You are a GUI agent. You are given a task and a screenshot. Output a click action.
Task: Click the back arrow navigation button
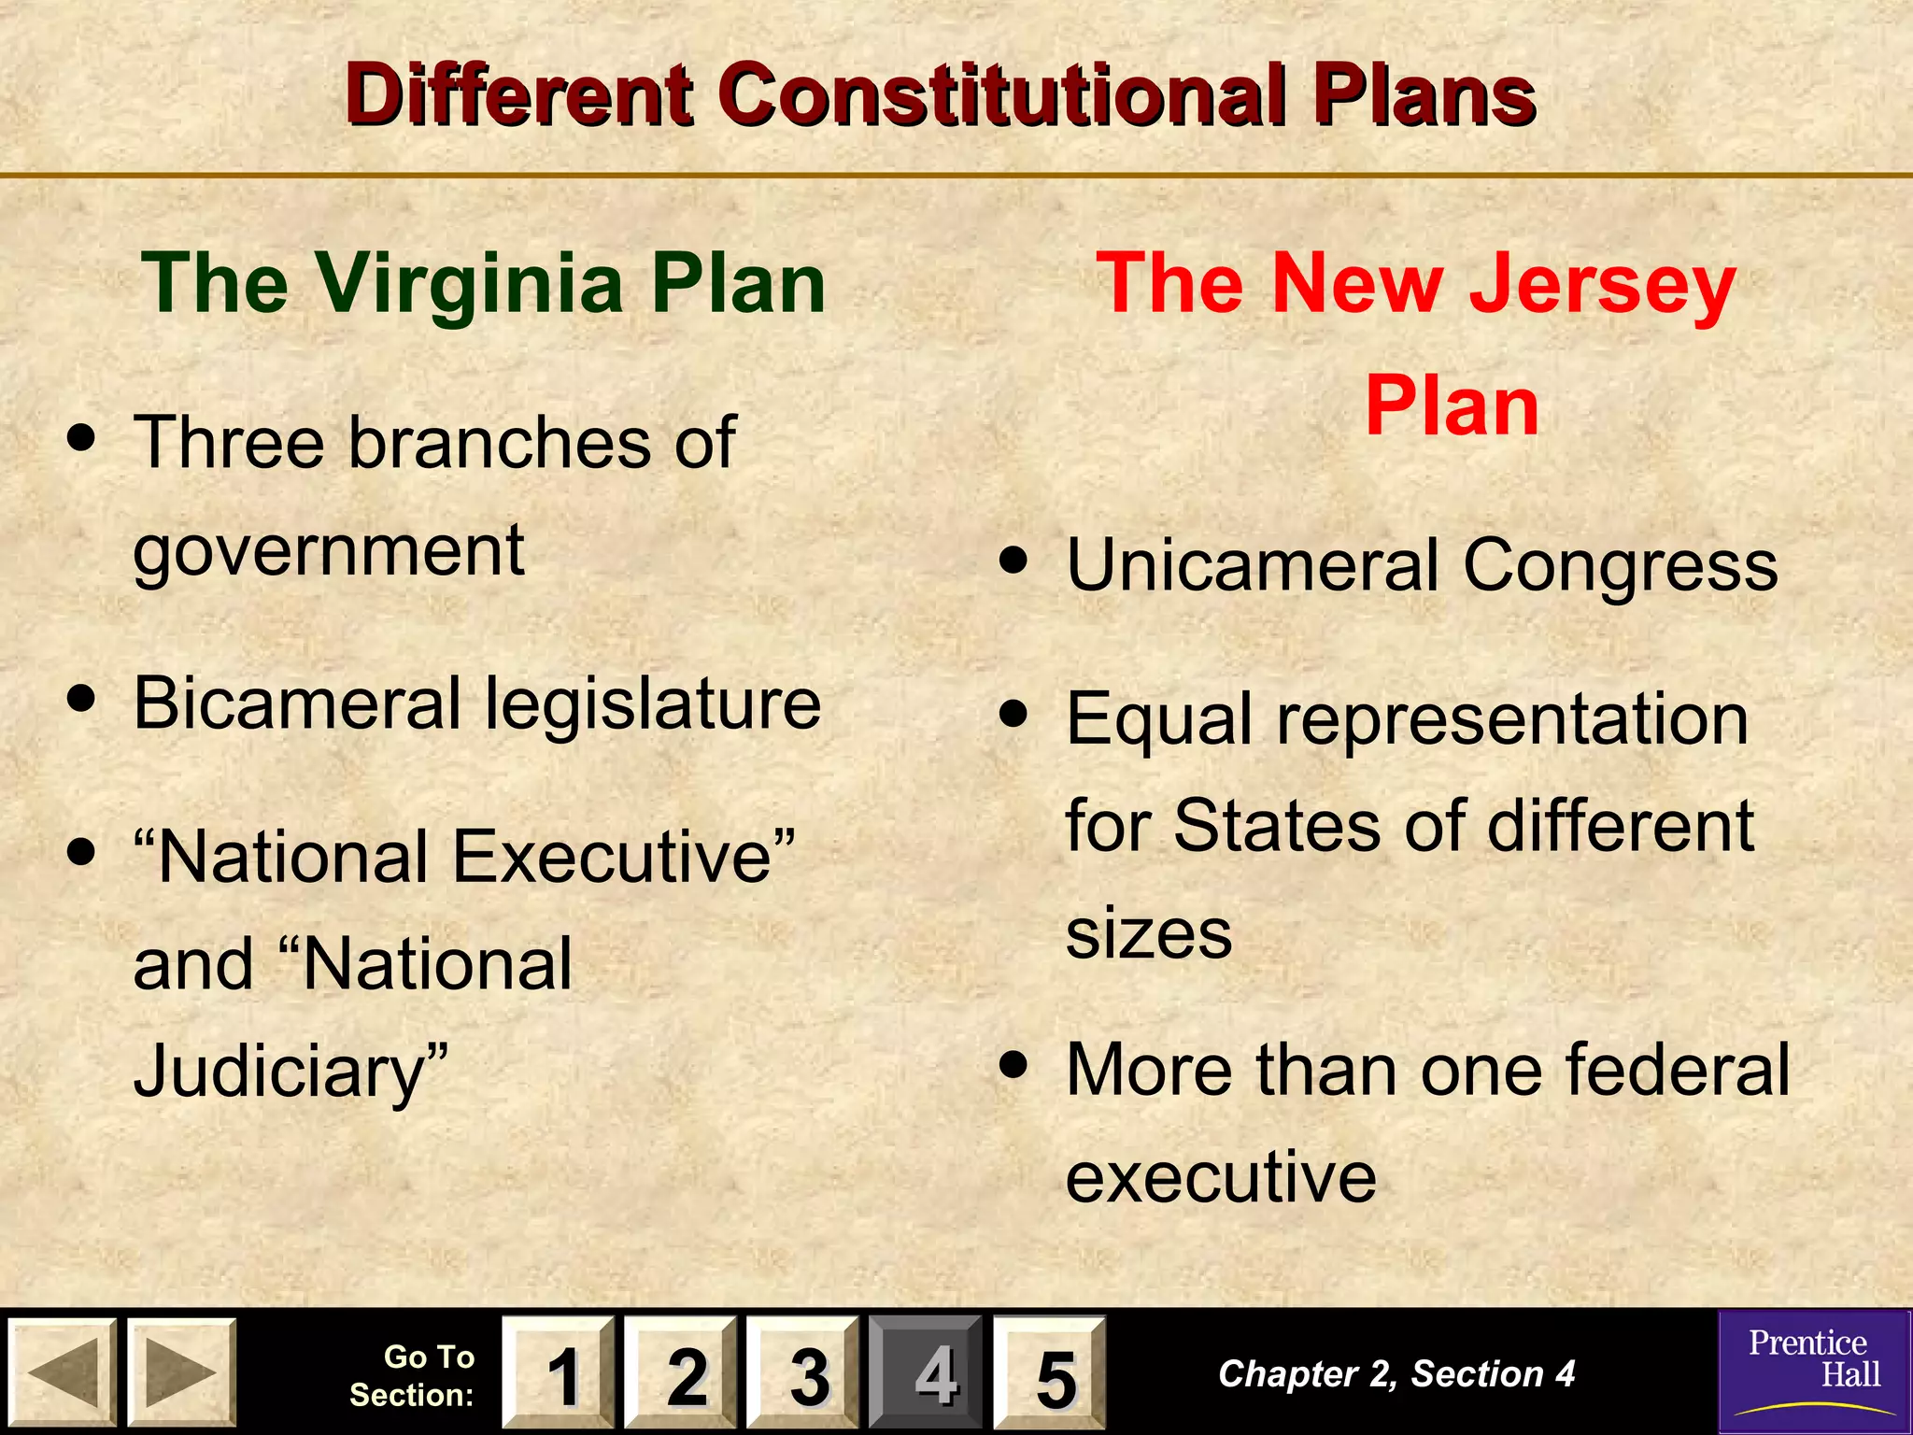(63, 1372)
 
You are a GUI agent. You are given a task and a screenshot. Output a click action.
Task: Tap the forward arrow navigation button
(181, 1372)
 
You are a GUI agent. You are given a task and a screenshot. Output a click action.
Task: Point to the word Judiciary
(290, 1071)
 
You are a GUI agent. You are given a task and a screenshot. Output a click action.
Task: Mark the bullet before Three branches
(82, 438)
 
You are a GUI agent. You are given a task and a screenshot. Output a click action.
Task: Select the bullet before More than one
(1013, 1064)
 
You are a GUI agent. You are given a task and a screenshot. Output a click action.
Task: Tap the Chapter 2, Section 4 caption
(1396, 1373)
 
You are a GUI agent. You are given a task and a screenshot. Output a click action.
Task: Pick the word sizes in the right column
(1149, 933)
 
